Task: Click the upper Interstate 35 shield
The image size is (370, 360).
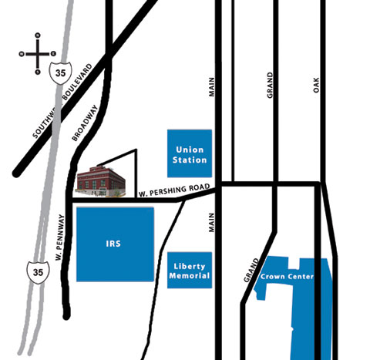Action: pos(61,73)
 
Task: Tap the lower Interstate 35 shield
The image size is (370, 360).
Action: pos(39,272)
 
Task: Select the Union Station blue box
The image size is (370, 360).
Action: pos(190,153)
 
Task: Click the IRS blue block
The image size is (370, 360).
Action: pos(115,244)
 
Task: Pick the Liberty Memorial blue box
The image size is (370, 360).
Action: pos(190,270)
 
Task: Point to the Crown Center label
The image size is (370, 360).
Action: pos(287,277)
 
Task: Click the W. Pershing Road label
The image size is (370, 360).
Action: pos(174,190)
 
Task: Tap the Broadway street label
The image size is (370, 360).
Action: pos(85,123)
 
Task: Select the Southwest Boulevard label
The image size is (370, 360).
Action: pos(62,101)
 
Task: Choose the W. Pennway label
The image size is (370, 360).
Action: pos(59,237)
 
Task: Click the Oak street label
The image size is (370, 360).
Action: pos(316,85)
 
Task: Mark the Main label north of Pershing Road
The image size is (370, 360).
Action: pos(211,87)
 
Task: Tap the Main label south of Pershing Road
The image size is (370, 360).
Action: pos(211,223)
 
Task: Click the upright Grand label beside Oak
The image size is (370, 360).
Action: pos(270,85)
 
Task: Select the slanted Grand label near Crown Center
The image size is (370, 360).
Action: pos(251,271)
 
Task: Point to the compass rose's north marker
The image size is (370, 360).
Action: pos(38,35)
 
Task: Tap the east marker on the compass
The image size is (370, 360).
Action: pos(53,54)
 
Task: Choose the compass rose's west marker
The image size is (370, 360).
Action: pos(22,54)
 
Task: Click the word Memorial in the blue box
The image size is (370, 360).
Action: pos(190,276)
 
